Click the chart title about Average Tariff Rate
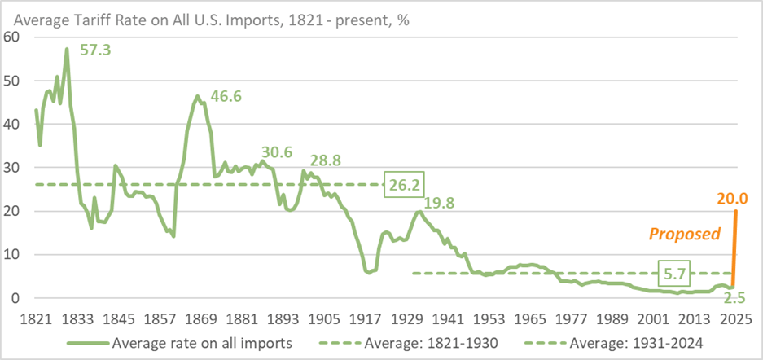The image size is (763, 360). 207,18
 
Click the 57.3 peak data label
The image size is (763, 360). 95,50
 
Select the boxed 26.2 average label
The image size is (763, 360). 405,185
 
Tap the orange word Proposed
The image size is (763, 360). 684,235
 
